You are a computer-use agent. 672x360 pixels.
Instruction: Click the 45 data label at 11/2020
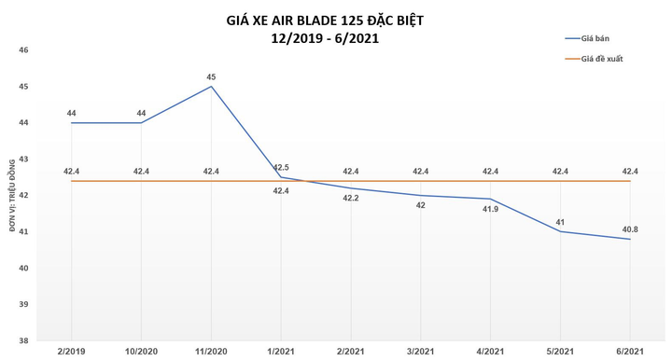[x=211, y=76]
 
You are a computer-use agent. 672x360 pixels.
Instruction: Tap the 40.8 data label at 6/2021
[x=630, y=228]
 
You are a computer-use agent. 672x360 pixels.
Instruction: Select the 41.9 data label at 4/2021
[x=491, y=209]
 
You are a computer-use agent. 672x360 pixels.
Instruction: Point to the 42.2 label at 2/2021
[x=351, y=198]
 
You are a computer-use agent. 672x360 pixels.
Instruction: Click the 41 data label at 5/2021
[x=560, y=221]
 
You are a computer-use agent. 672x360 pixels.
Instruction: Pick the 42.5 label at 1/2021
[x=281, y=167]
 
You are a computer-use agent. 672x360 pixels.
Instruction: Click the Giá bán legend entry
[x=600, y=38]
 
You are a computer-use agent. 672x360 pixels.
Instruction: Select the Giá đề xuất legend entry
[x=606, y=59]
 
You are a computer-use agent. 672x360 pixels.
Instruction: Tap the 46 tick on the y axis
[x=24, y=50]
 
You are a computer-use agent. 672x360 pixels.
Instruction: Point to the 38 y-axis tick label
[x=24, y=341]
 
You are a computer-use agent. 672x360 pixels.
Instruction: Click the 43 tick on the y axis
[x=24, y=159]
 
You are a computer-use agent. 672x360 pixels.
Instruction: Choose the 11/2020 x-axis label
[x=211, y=353]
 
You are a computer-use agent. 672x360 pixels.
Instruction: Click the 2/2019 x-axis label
[x=71, y=353]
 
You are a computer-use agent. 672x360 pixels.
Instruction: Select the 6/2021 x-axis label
[x=630, y=353]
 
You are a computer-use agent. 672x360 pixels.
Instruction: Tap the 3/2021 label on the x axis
[x=421, y=353]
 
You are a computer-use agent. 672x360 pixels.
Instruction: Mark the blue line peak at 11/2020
[x=211, y=87]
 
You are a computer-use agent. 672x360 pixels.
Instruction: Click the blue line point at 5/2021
[x=560, y=231]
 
